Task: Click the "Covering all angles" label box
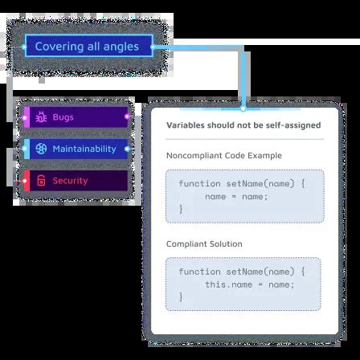pyautogui.click(x=89, y=47)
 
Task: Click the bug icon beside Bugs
pyautogui.click(x=43, y=117)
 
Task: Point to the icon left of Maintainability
pyautogui.click(x=43, y=149)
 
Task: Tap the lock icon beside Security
pyautogui.click(x=43, y=180)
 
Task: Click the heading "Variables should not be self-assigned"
pyautogui.click(x=243, y=125)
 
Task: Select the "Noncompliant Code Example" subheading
pyautogui.click(x=223, y=154)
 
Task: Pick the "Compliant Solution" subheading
pyautogui.click(x=204, y=243)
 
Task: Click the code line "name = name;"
pyautogui.click(x=233, y=195)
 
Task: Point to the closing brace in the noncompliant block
pyautogui.click(x=181, y=208)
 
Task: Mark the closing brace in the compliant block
pyautogui.click(x=181, y=297)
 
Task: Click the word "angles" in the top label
pyautogui.click(x=121, y=47)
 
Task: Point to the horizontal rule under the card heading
pyautogui.click(x=243, y=139)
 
